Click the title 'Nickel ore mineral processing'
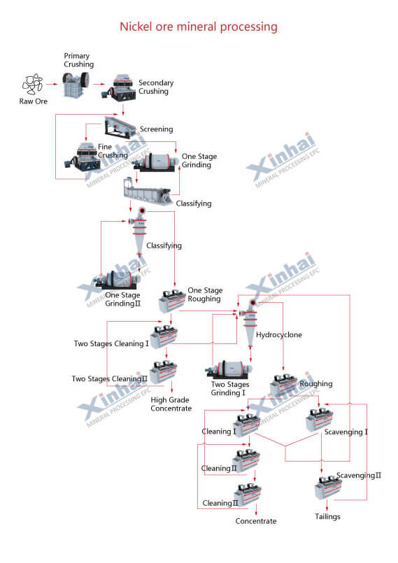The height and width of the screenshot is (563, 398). coord(199,27)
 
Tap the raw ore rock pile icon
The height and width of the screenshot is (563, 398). coord(31,85)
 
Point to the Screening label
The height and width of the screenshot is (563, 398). coord(156,129)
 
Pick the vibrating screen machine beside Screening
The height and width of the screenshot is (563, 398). coord(120,127)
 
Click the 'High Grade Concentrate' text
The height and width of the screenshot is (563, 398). coord(171,404)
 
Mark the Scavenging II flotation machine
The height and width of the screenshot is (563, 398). coord(327,487)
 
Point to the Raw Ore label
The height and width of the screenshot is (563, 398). coord(33,101)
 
